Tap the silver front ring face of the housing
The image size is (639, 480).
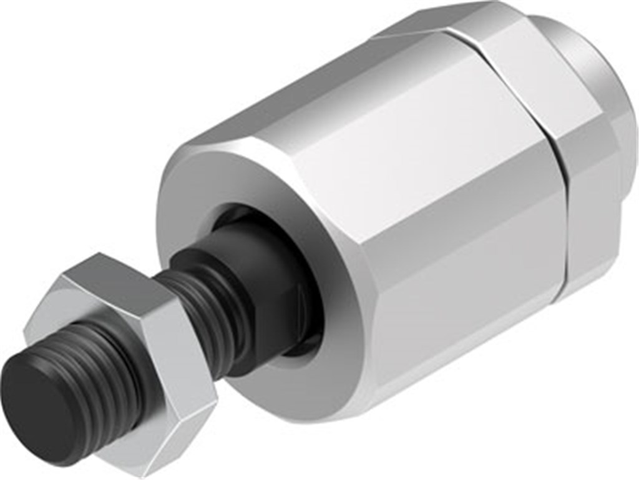pos(206,187)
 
